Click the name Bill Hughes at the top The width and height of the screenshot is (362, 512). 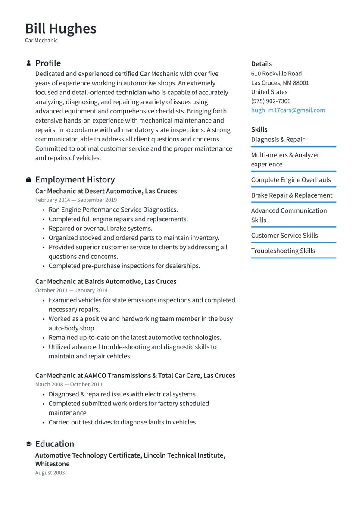[61, 28]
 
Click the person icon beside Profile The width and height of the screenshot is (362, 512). [28, 63]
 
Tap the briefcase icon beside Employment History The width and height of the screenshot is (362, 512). [28, 179]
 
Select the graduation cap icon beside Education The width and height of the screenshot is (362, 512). [28, 444]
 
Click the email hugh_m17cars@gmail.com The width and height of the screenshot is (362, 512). [288, 110]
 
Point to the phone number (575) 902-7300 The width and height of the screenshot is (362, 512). [271, 101]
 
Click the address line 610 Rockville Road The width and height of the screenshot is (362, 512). [276, 74]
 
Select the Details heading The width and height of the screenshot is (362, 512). [261, 64]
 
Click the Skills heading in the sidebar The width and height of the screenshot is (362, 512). [259, 129]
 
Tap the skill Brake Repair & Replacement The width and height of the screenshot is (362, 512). [291, 195]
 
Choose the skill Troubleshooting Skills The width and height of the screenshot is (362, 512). [283, 251]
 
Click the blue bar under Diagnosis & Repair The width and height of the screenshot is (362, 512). [293, 147]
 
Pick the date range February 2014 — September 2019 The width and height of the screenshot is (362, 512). [76, 200]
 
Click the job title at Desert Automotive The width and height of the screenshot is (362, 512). [106, 191]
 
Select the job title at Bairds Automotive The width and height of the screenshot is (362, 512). [106, 281]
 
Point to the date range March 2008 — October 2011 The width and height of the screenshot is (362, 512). [69, 384]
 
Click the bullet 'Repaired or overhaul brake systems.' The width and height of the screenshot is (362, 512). [100, 229]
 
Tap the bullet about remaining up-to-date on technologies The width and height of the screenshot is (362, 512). [134, 337]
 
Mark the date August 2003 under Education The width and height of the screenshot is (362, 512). [50, 473]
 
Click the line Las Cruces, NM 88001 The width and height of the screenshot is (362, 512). [280, 83]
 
